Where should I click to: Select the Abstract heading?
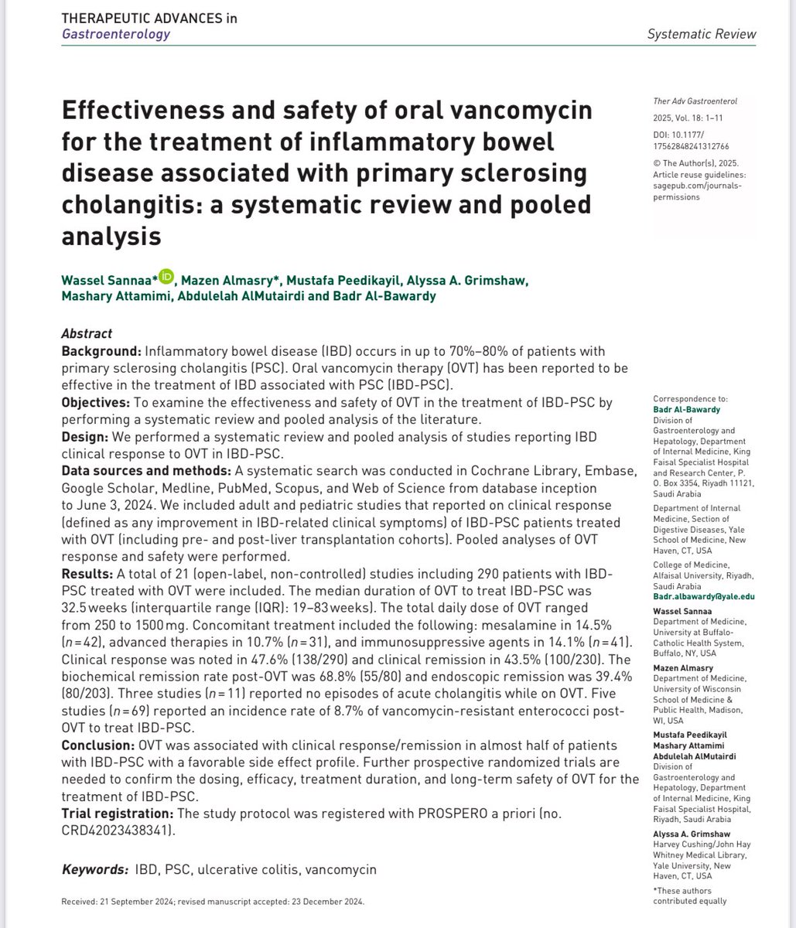click(x=86, y=334)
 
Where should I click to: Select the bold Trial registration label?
click(x=118, y=814)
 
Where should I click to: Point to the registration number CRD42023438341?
click(x=115, y=831)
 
